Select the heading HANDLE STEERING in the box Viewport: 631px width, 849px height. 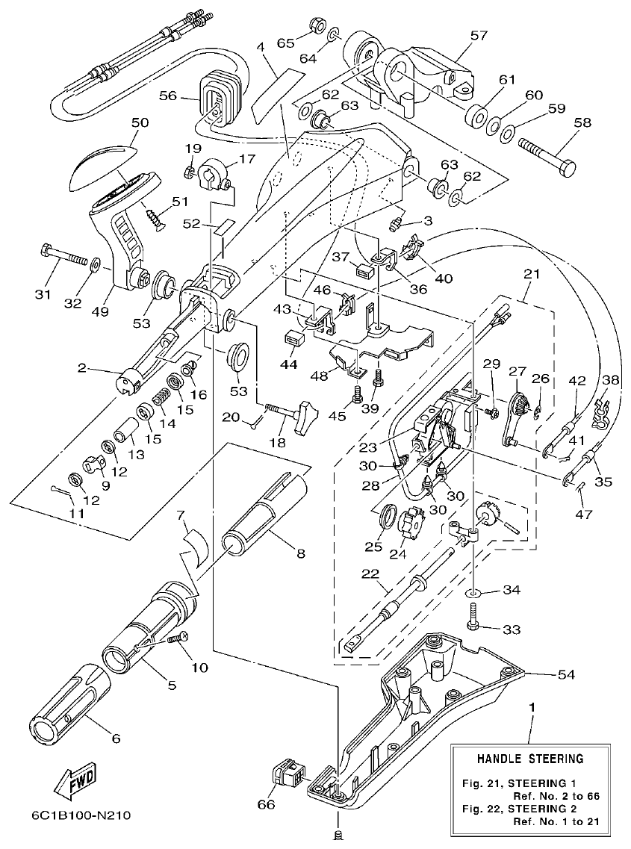[x=530, y=759]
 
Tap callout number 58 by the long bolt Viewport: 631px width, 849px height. [x=583, y=122]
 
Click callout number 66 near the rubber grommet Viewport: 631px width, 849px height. [x=267, y=804]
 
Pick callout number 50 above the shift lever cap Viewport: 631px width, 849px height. [x=140, y=122]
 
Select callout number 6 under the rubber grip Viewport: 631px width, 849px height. [x=115, y=738]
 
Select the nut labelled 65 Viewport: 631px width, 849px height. [x=315, y=28]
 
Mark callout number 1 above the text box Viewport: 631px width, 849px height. [x=532, y=706]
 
